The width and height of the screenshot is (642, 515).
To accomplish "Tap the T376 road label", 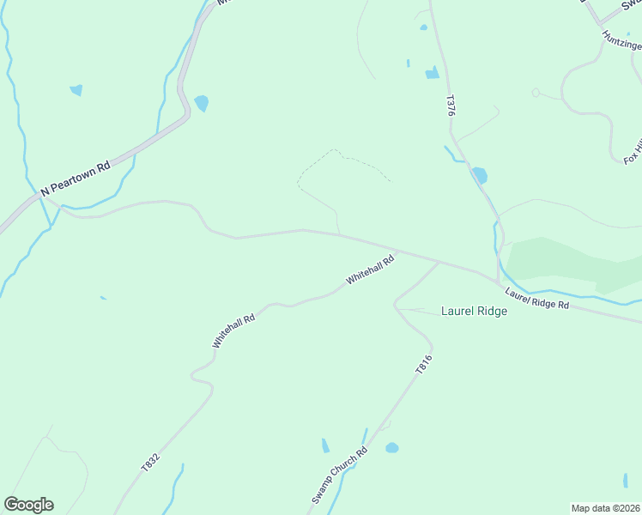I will (x=449, y=106).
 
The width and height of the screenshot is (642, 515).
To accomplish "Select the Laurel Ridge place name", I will (x=474, y=311).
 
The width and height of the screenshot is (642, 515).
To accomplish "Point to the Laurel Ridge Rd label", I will (x=537, y=299).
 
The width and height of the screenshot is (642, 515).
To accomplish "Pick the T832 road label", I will (x=150, y=462).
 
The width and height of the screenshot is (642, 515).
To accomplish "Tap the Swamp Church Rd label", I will (x=339, y=476).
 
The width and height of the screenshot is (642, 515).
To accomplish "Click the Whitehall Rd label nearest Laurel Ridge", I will (x=370, y=270).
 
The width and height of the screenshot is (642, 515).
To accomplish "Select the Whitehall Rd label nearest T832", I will (x=234, y=330).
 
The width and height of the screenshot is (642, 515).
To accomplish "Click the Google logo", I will (x=28, y=505).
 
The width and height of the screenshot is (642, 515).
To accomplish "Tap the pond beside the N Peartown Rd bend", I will (x=202, y=103).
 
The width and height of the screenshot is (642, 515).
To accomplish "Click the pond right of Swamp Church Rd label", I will (x=392, y=448).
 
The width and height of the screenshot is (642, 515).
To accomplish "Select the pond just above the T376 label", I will (x=432, y=73).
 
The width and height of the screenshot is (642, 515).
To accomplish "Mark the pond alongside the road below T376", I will (x=479, y=175).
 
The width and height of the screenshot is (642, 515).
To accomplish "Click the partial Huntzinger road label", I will (x=621, y=40).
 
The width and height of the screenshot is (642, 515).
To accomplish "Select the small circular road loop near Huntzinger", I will (x=536, y=93).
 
